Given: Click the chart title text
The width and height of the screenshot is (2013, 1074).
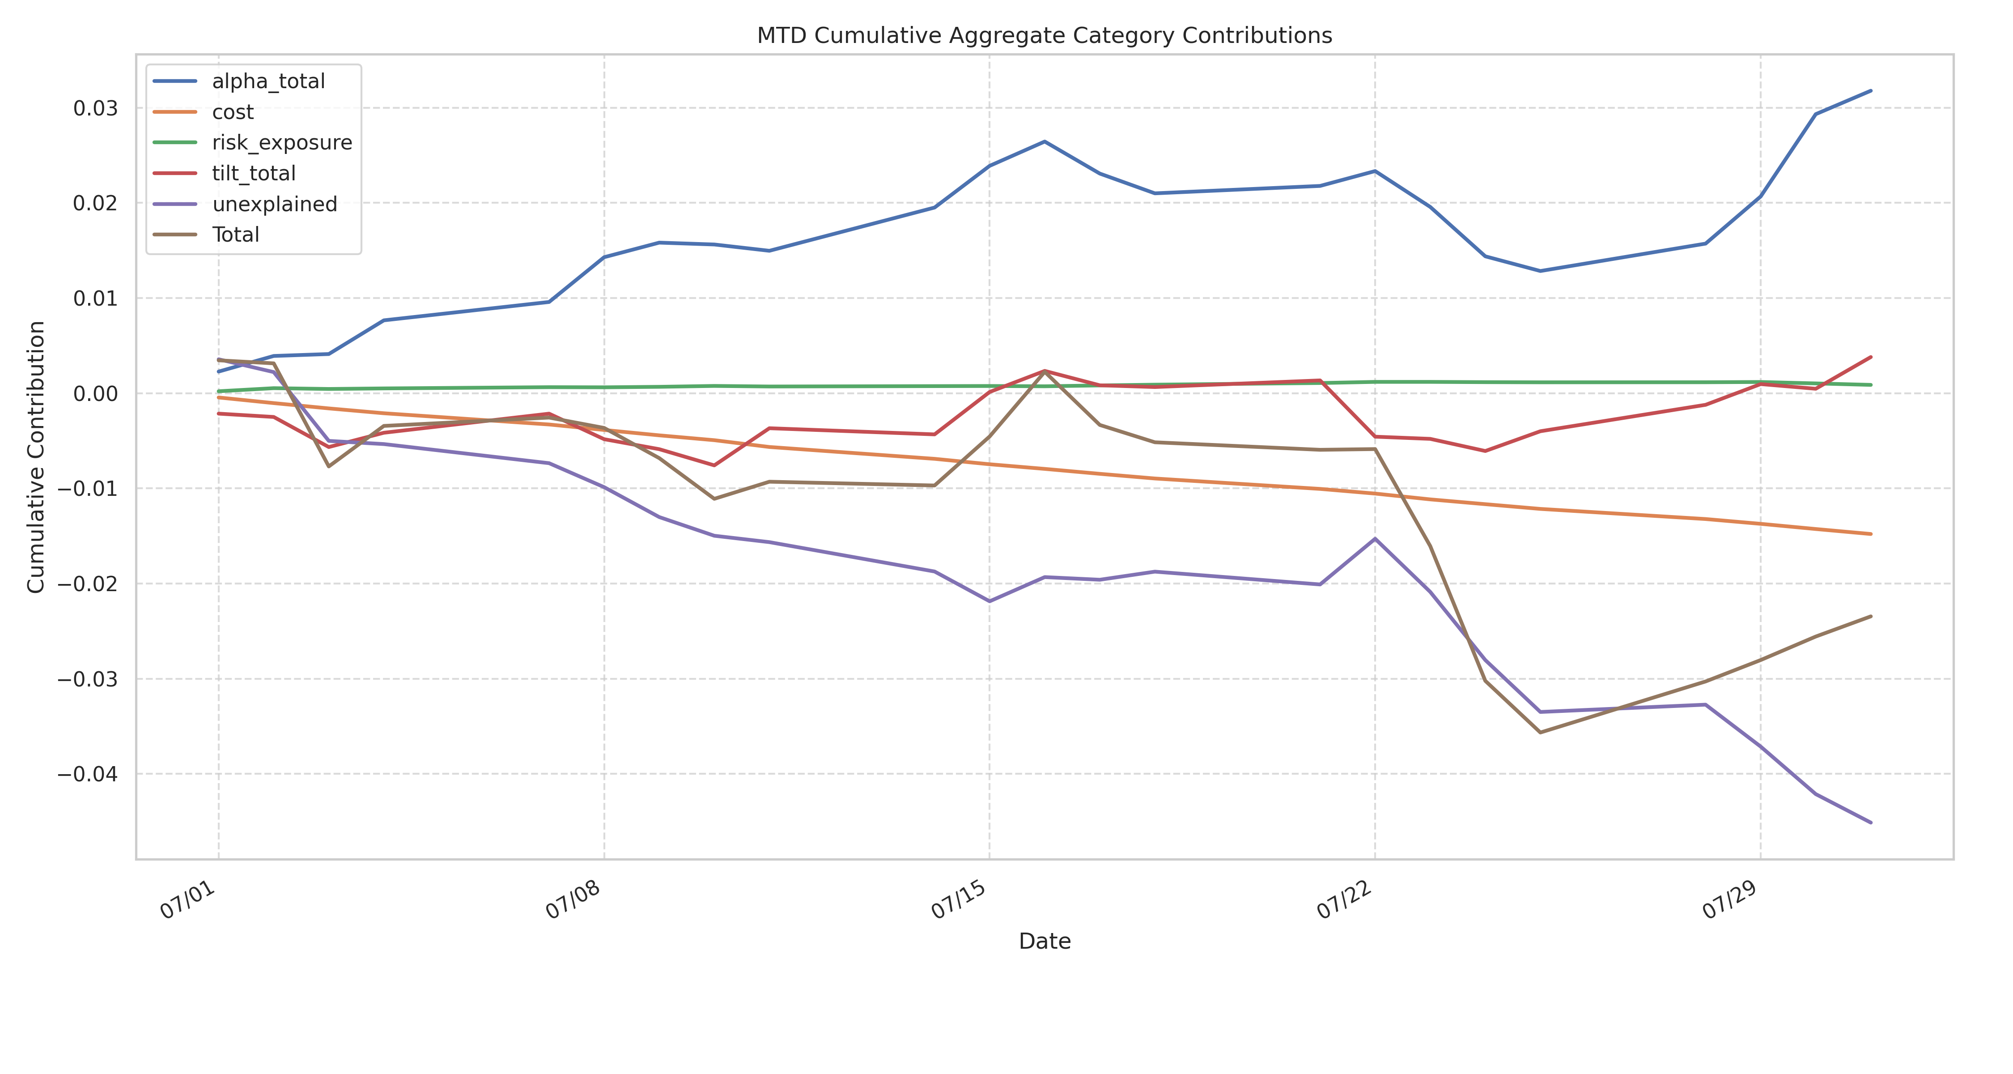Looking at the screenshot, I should point(1044,36).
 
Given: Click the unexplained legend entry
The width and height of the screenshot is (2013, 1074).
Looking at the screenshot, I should point(274,204).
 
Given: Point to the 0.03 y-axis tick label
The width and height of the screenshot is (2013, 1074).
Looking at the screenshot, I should point(95,108).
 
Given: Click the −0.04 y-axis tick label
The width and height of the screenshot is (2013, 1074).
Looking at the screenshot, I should point(88,774).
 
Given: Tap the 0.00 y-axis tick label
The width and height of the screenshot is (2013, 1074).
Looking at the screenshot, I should point(95,393).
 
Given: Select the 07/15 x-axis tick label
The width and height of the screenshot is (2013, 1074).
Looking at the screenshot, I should point(959,900).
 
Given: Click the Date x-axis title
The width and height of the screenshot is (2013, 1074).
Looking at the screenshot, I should point(1044,941).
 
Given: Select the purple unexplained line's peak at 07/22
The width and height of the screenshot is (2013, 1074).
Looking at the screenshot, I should point(1376,538).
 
